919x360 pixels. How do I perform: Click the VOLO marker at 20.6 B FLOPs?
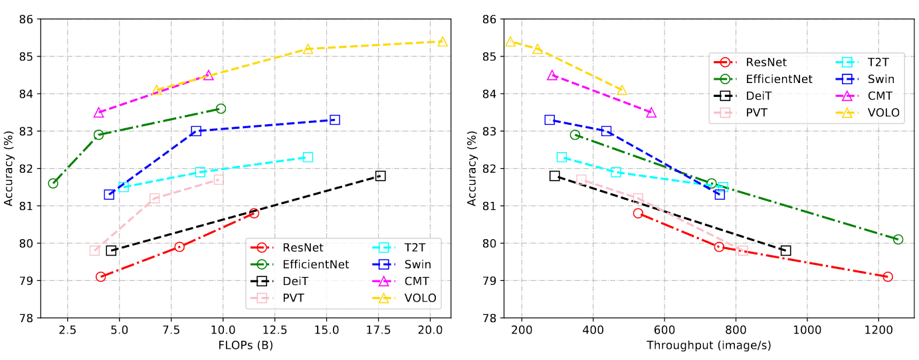443,42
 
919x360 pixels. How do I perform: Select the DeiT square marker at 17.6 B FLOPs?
380,176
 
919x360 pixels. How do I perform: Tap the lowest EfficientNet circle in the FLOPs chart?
53,183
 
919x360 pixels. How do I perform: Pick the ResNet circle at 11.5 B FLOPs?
254,213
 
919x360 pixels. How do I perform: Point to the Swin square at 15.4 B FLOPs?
335,120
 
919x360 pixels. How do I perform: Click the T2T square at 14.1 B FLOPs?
308,157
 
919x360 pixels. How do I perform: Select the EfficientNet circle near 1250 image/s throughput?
898,239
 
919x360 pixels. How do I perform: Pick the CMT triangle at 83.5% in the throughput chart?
651,113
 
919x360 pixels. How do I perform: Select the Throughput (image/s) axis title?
709,345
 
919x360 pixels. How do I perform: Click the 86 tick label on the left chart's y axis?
26,19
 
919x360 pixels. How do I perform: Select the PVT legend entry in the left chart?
294,298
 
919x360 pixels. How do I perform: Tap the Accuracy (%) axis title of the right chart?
474,168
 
